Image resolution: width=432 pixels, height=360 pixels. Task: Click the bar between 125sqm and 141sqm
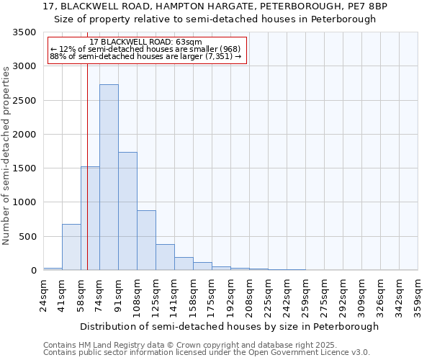tap(165, 257)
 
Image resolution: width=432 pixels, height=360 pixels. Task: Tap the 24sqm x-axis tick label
tap(44, 294)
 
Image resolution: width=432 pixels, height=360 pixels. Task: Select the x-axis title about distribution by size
tap(229, 326)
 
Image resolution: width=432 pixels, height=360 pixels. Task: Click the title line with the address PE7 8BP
tap(215, 6)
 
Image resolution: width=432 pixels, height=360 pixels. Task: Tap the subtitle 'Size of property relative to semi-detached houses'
tap(215, 19)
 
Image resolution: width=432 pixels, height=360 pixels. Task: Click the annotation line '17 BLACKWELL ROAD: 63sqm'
tap(146, 42)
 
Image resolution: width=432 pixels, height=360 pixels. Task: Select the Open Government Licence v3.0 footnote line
tap(207, 353)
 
